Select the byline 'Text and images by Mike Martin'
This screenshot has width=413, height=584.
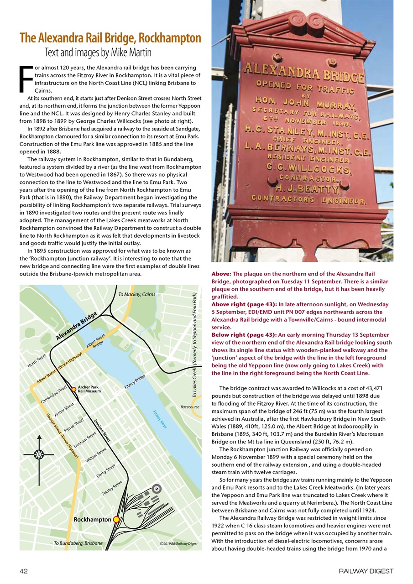click(x=98, y=52)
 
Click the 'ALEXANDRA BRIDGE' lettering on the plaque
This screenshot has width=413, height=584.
click(x=303, y=73)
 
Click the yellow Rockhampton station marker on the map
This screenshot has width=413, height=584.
click(x=116, y=519)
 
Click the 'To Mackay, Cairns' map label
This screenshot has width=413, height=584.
click(x=136, y=294)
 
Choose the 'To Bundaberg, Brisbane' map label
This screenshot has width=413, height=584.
click(x=78, y=543)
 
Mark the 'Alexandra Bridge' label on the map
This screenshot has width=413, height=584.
click(x=77, y=326)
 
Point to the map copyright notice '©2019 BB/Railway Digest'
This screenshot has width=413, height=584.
click(x=178, y=543)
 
